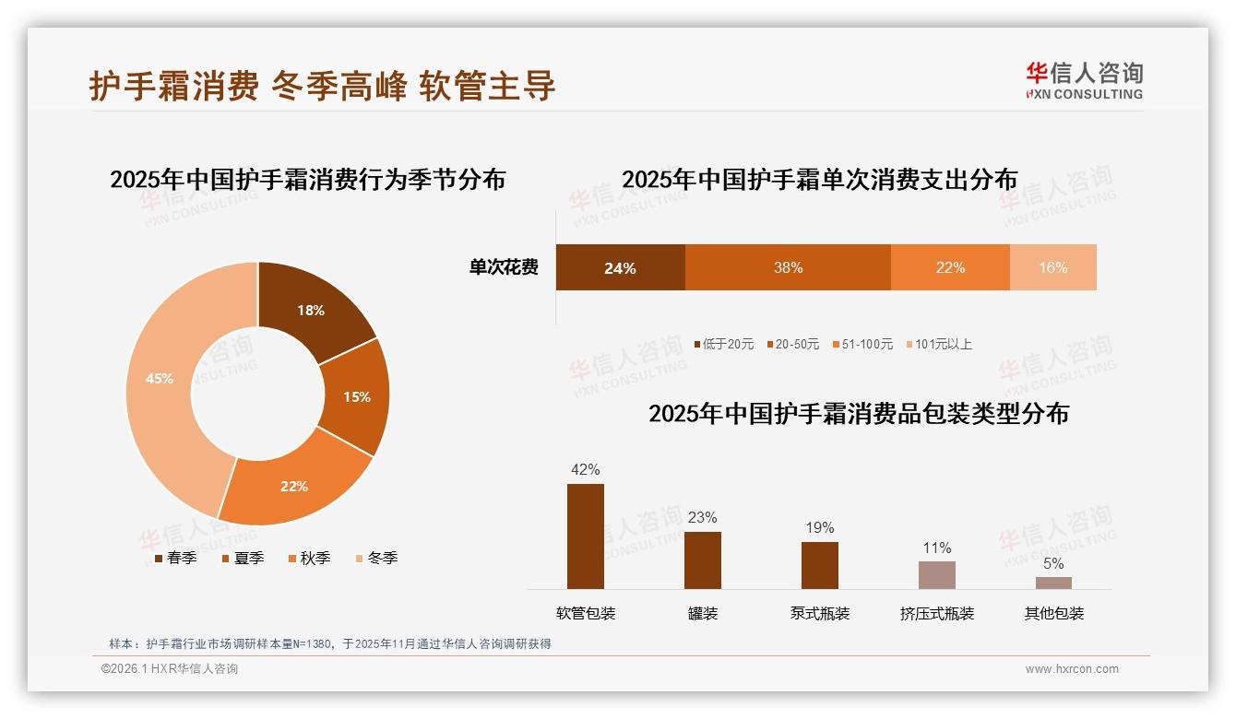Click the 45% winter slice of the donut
(161, 387)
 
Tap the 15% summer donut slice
(357, 397)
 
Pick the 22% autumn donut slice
(293, 484)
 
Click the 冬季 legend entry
(375, 558)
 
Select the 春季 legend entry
(174, 558)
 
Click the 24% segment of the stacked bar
(620, 268)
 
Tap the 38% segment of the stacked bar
(788, 268)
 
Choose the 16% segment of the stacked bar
(1052, 268)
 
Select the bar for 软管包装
(586, 536)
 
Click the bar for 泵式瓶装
(819, 565)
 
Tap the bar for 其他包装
(1053, 583)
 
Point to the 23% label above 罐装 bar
(702, 517)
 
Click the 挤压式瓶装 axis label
(936, 613)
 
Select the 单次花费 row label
(504, 268)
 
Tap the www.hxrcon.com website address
(1072, 669)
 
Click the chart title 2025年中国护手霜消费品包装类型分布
(858, 414)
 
